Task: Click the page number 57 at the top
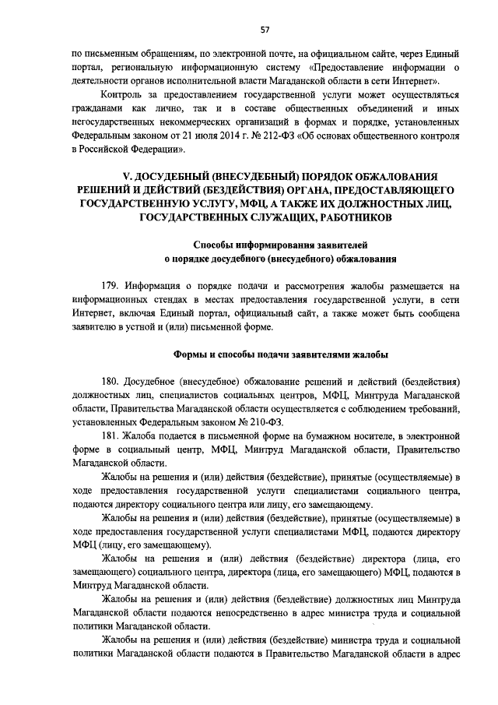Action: coord(265,30)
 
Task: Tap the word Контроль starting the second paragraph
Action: coord(123,93)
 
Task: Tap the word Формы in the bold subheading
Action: coord(191,354)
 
